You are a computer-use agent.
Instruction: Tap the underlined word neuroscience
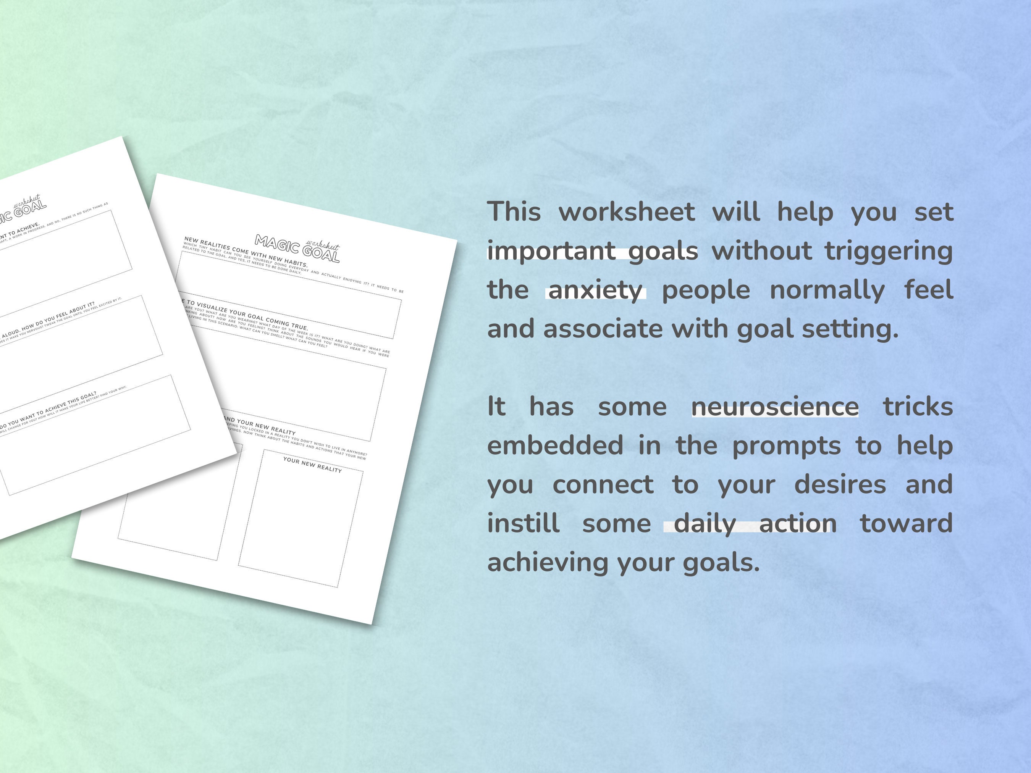pyautogui.click(x=775, y=407)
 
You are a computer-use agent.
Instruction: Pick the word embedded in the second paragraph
pyautogui.click(x=555, y=445)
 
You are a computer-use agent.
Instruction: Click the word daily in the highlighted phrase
pyautogui.click(x=705, y=523)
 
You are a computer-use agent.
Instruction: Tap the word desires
pyautogui.click(x=840, y=484)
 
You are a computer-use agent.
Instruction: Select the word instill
pyautogui.click(x=524, y=523)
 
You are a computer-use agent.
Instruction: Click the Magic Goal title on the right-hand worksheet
pyautogui.click(x=297, y=249)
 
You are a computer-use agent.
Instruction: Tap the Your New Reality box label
pyautogui.click(x=312, y=465)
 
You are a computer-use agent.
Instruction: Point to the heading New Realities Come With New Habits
pyautogui.click(x=246, y=252)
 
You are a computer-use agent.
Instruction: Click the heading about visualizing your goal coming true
pyautogui.click(x=247, y=315)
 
